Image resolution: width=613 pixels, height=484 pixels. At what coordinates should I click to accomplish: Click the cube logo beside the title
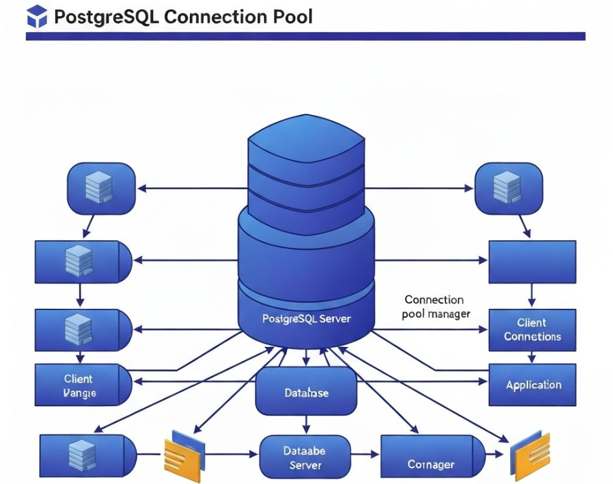pos(37,16)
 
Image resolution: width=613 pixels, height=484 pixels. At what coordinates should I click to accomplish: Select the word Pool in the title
pos(292,16)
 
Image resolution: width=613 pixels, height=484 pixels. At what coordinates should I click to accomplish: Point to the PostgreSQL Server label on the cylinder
pos(307,319)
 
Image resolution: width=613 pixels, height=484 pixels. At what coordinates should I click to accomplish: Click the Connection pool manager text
pos(436,307)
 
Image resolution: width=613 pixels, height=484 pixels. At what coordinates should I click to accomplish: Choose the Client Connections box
pos(533,330)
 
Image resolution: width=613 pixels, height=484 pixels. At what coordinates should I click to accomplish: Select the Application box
pos(533,385)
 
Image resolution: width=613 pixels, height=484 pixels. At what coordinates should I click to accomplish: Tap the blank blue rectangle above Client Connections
pos(533,262)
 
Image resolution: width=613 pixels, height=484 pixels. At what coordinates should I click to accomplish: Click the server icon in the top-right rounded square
pos(506,188)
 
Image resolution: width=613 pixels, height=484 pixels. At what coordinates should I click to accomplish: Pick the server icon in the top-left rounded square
pos(100,188)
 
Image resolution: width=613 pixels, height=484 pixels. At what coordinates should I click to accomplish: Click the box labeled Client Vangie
pos(82,386)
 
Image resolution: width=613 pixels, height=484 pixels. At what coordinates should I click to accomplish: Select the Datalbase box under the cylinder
pos(306,391)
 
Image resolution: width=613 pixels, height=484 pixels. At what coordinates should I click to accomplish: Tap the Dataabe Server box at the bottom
pos(305,457)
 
